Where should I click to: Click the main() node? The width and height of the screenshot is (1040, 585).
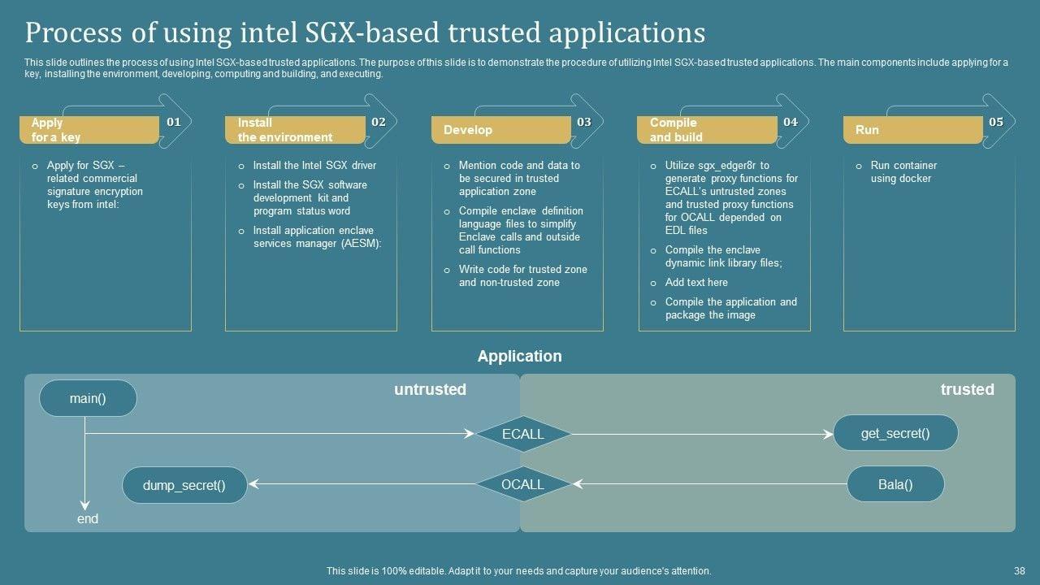point(88,398)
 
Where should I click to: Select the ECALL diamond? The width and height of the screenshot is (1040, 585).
point(522,434)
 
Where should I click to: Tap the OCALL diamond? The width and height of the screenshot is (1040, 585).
point(522,484)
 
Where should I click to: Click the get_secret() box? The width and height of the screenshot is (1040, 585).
point(895,433)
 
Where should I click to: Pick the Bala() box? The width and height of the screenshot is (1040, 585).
point(895,484)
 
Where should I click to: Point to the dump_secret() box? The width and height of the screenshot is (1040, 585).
point(184,485)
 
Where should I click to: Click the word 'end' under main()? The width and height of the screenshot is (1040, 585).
point(88,518)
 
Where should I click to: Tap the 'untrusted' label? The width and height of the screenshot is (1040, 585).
point(430,389)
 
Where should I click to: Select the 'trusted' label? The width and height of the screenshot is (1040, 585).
point(967,389)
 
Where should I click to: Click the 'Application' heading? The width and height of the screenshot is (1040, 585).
point(519,356)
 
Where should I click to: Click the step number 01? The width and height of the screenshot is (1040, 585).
point(174,122)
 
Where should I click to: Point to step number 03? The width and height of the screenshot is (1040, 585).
point(584,122)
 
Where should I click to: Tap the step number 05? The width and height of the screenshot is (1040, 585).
point(996,122)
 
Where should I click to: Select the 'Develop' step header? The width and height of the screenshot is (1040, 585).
point(468,130)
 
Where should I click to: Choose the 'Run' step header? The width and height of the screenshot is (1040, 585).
point(867,130)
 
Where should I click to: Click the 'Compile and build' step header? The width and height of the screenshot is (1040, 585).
point(676,130)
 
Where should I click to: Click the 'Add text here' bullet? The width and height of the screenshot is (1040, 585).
point(696,283)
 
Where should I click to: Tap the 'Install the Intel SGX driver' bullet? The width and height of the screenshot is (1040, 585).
point(314,166)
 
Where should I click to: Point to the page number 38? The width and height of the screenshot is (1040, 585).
point(1020,571)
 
